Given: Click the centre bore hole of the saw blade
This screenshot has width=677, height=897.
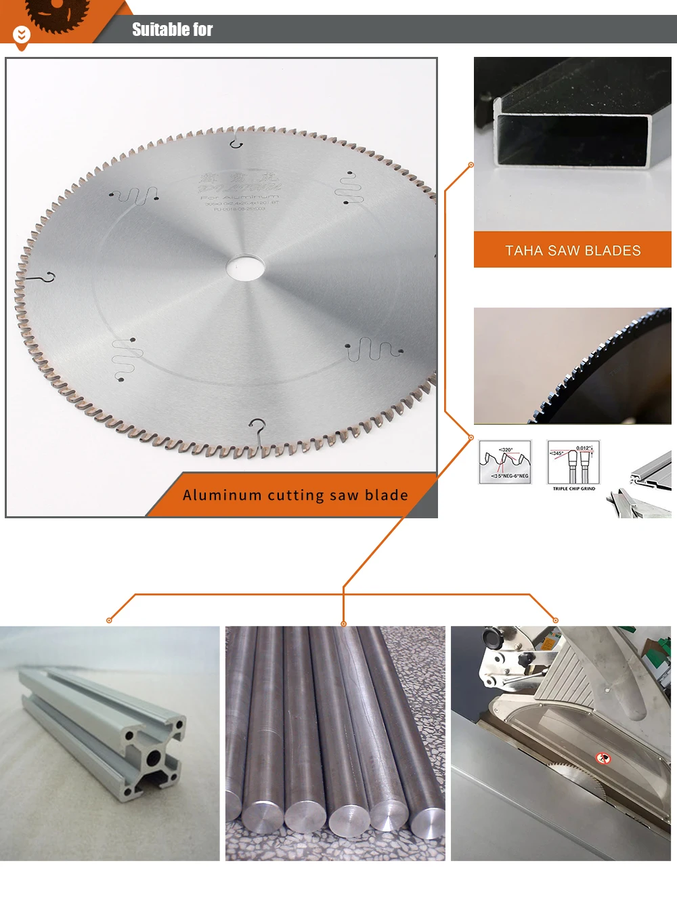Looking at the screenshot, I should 245,267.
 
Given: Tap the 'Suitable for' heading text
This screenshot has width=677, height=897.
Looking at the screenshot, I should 172,30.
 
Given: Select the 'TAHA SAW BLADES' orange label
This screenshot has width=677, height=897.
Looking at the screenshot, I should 573,250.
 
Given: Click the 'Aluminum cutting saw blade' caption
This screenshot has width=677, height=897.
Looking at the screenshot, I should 295,495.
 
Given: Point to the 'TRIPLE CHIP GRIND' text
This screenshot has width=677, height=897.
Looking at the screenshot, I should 574,488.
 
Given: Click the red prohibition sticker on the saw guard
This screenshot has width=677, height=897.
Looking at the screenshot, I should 603,758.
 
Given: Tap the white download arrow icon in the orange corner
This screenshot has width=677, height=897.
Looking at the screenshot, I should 22,34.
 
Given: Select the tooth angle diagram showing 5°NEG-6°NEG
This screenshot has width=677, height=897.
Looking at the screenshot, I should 505,462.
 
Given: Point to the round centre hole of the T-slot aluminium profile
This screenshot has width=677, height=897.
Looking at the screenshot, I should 154,758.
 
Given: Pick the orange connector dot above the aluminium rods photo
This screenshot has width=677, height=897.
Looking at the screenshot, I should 344,623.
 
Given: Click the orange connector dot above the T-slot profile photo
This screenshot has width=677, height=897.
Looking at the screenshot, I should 109,620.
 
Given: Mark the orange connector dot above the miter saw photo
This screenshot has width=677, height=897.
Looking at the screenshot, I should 556,620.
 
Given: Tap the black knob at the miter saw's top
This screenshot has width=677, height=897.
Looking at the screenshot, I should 492,636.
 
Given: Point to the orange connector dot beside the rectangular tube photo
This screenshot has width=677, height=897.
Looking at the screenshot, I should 471,165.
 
